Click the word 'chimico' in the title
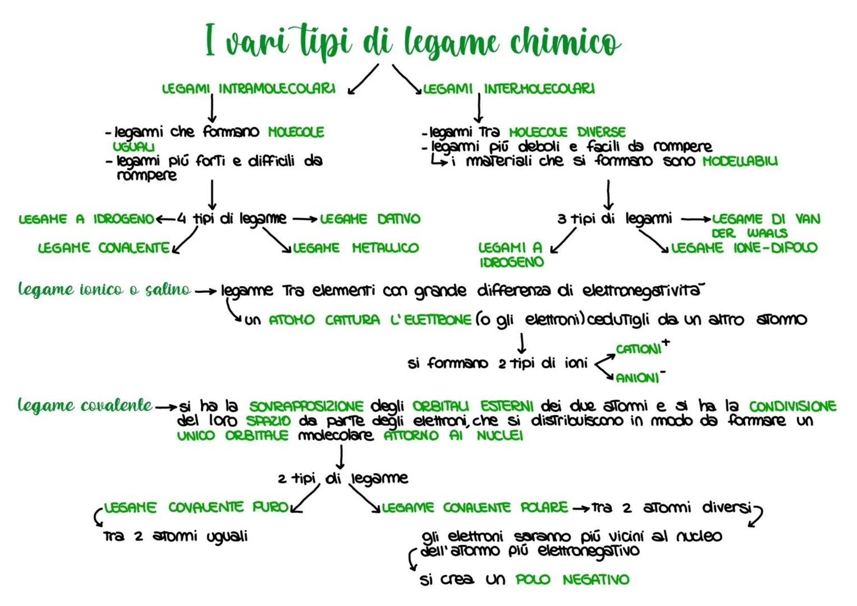click(565, 43)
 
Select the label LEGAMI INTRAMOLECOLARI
click(249, 89)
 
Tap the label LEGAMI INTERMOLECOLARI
click(508, 89)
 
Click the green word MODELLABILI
click(740, 161)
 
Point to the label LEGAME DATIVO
click(370, 219)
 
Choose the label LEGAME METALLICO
click(356, 248)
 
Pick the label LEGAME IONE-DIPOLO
click(744, 248)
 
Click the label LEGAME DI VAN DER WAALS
click(766, 226)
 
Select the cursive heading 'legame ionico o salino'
click(104, 290)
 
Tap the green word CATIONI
click(639, 349)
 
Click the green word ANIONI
click(638, 378)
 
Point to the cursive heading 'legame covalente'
click(85, 405)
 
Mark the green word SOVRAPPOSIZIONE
click(306, 406)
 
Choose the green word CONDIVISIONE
click(792, 406)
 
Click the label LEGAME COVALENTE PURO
click(196, 508)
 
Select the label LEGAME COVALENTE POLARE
click(475, 508)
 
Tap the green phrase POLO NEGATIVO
click(572, 580)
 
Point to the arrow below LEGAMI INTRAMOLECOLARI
click(212, 108)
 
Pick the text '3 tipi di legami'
click(614, 219)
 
